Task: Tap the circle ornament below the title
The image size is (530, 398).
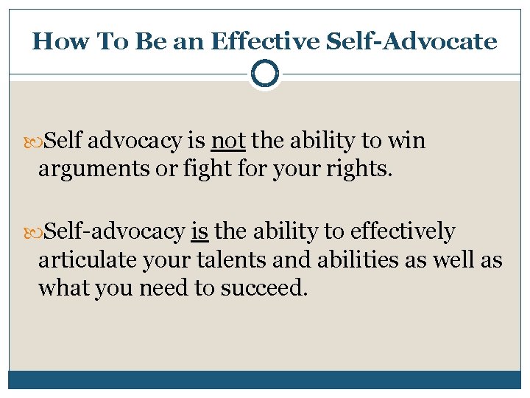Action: tap(265, 74)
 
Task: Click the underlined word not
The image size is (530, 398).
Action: tap(228, 140)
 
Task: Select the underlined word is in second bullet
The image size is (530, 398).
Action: tap(199, 231)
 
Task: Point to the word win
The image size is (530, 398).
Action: tap(406, 140)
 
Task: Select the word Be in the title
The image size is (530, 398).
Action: tap(150, 41)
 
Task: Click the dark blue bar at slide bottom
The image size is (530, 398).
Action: tap(265, 380)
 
